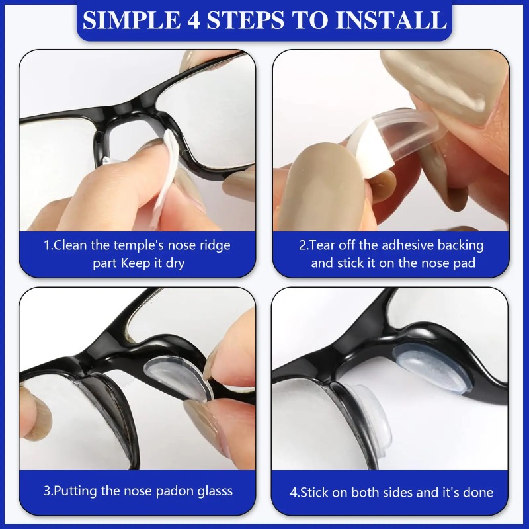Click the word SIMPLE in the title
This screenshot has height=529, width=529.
131,20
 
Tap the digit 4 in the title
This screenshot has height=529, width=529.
193,20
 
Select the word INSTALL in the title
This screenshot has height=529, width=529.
391,20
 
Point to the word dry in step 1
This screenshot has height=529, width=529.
175,263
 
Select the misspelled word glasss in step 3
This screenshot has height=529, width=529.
215,491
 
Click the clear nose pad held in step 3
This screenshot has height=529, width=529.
179,379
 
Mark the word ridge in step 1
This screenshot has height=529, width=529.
214,246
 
